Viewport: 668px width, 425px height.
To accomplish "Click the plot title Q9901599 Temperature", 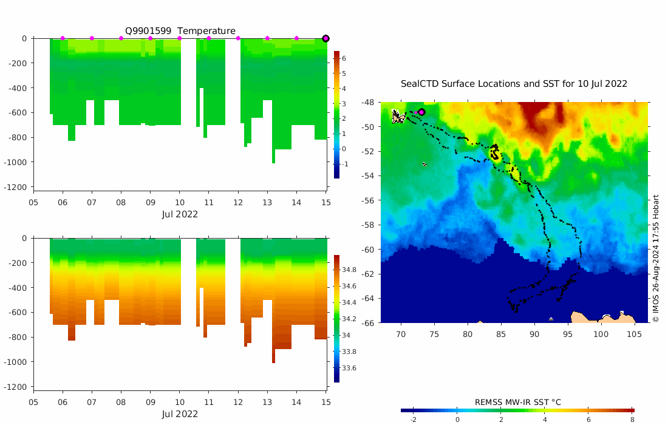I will coord(180,31).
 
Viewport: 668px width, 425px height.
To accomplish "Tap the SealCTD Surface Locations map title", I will coord(514,84).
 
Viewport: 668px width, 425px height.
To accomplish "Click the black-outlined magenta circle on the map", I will coord(421,112).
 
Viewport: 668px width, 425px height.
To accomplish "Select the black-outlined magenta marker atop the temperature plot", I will coord(325,38).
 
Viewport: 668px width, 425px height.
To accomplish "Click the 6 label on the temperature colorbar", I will coord(344,58).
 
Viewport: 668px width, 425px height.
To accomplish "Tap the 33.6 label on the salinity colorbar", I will coord(349,368).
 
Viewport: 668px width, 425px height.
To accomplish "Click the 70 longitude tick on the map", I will coord(401,334).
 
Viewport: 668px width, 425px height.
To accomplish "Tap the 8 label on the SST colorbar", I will coord(632,420).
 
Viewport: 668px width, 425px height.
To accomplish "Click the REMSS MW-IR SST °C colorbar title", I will coord(517,402).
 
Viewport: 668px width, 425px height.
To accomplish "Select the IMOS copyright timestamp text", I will coord(656,258).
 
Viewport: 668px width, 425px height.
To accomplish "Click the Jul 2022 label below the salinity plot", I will coord(180,414).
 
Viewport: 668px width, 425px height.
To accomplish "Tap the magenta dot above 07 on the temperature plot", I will coord(92,38).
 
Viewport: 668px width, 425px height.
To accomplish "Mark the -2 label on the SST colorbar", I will coord(413,420).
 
